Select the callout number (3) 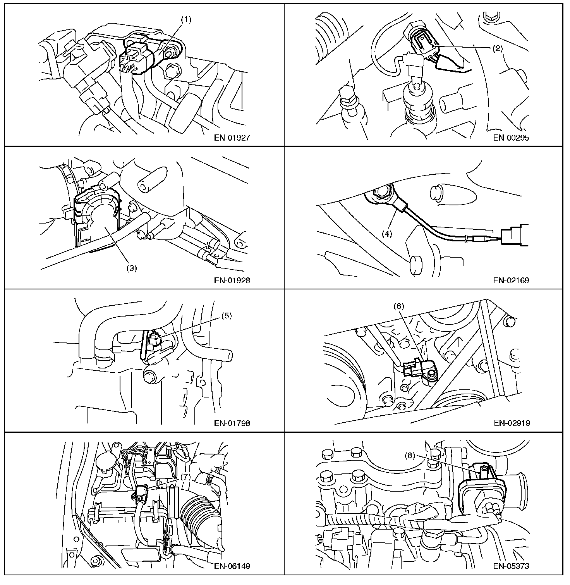pos(132,268)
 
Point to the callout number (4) pos(388,234)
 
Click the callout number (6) pos(399,306)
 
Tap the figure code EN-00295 pos(512,138)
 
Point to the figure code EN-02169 pos(512,280)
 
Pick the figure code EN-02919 pos(512,423)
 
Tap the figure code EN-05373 pos(512,566)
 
